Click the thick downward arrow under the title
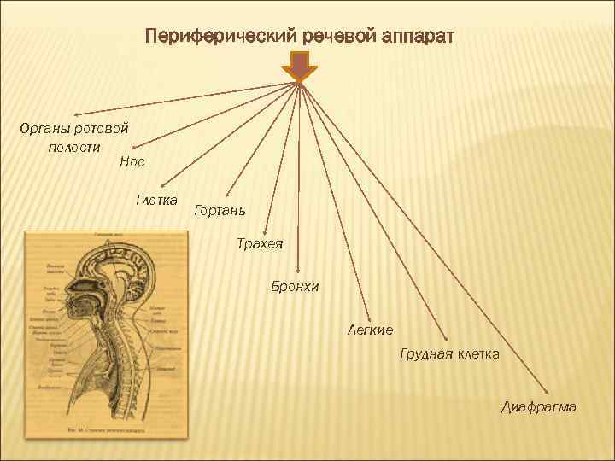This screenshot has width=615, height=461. [x=300, y=67]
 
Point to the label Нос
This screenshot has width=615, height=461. [x=132, y=160]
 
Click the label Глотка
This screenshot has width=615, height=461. [x=155, y=201]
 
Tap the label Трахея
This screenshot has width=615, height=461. [x=260, y=245]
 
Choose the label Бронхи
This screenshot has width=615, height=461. [x=295, y=287]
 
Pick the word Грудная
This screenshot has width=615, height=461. [x=425, y=353]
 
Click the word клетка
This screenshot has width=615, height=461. [x=478, y=353]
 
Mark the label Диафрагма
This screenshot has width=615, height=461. [x=538, y=406]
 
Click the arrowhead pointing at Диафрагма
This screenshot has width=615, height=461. [x=548, y=388]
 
